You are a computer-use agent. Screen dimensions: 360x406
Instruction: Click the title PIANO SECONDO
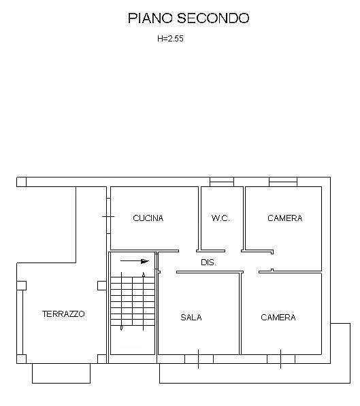(x=189, y=18)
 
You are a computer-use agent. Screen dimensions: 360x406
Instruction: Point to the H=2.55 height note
(x=170, y=39)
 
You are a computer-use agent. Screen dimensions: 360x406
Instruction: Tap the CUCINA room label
(x=148, y=218)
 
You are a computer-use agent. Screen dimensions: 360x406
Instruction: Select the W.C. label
(x=220, y=218)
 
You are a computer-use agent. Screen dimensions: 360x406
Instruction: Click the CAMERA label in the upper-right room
(x=285, y=218)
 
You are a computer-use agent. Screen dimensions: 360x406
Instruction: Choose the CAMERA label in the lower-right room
(x=278, y=318)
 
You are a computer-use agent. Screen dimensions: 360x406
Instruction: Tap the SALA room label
(x=191, y=318)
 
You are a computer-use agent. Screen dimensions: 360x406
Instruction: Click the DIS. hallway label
(x=208, y=263)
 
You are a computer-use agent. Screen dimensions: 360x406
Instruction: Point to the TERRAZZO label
(x=63, y=314)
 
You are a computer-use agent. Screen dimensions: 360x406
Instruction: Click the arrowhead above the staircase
(x=145, y=261)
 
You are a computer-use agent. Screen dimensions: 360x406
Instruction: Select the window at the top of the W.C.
(x=222, y=182)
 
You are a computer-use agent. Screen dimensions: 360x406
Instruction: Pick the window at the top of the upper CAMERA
(x=283, y=182)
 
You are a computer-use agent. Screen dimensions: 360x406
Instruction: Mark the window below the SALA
(x=199, y=359)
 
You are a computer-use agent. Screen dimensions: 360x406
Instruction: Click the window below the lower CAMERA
(x=281, y=359)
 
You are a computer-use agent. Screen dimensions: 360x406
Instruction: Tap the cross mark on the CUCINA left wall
(x=108, y=216)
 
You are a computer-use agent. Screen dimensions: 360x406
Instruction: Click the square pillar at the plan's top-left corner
(x=21, y=182)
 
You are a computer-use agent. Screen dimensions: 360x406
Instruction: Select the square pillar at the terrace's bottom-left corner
(x=21, y=359)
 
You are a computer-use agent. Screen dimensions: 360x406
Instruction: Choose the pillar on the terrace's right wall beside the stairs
(x=102, y=286)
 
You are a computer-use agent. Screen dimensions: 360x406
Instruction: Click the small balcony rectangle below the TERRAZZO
(x=61, y=373)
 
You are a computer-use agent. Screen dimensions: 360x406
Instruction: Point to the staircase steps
(x=133, y=301)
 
